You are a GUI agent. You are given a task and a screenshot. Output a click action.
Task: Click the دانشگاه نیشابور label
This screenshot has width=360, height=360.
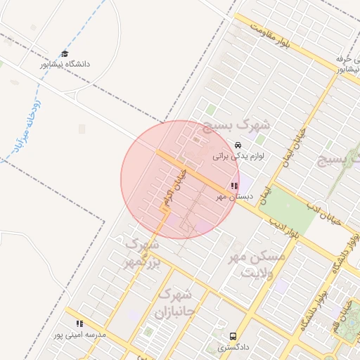pos(65,64)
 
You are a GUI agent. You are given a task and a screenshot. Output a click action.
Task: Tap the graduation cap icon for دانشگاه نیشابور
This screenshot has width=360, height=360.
pos(65,53)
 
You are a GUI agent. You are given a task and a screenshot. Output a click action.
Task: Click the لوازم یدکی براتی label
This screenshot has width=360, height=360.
pos(238,155)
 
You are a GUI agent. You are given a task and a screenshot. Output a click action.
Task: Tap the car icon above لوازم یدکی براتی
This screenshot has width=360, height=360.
pos(228,145)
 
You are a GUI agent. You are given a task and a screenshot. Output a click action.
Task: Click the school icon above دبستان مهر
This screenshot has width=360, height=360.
pos(233,186)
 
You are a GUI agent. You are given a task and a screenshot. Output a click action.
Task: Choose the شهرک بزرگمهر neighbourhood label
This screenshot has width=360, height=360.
pos(141,254)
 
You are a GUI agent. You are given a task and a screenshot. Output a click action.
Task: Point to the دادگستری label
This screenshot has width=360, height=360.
pos(233,347)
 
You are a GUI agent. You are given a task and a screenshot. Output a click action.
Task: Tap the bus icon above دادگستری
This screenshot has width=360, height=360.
pos(233,336)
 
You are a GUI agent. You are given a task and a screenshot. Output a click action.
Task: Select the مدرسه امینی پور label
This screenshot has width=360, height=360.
pos(80,335)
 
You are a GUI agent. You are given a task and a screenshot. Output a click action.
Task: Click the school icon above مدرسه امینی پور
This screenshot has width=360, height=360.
pos(79,324)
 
